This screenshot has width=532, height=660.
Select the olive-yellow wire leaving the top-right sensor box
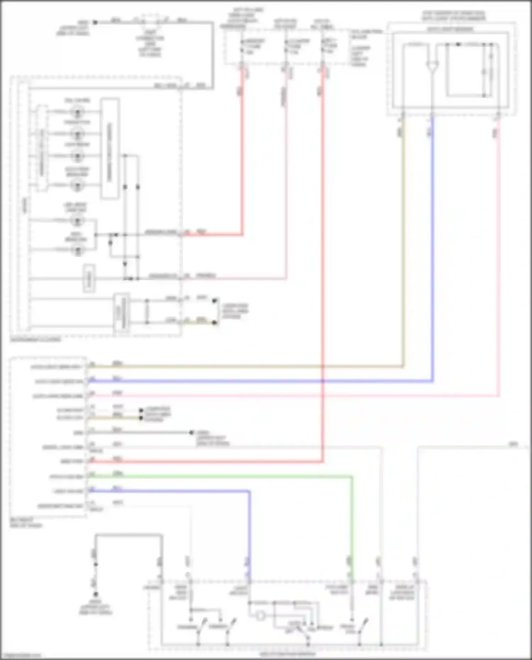[403, 248]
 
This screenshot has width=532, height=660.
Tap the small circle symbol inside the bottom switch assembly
[260, 616]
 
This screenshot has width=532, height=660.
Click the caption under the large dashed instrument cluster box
[35, 340]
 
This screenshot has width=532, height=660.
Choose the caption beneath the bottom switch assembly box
[287, 654]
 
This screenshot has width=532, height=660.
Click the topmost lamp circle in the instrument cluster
[77, 112]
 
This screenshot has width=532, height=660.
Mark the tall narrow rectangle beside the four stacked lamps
[110, 148]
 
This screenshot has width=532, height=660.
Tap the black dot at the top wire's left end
[95, 22]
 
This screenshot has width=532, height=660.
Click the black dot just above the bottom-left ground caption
[95, 594]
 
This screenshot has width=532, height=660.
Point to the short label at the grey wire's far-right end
[513, 444]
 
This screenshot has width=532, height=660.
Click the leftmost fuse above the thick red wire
[242, 46]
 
